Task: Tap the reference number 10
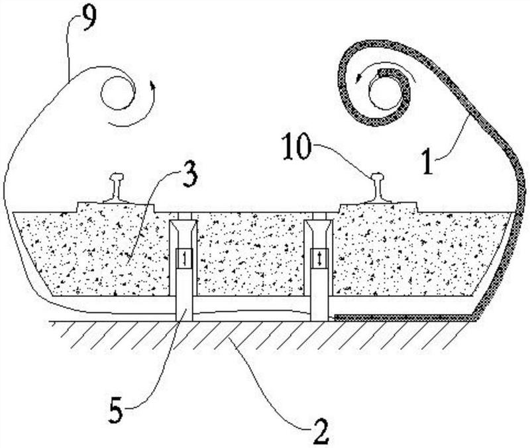[297, 146]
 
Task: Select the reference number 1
[427, 162]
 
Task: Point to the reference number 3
[189, 176]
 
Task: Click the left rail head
[115, 177]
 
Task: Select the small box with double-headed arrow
[319, 258]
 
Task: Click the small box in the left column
[184, 258]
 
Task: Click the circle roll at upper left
[118, 93]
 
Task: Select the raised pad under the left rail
[116, 207]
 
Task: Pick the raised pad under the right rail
[378, 208]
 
